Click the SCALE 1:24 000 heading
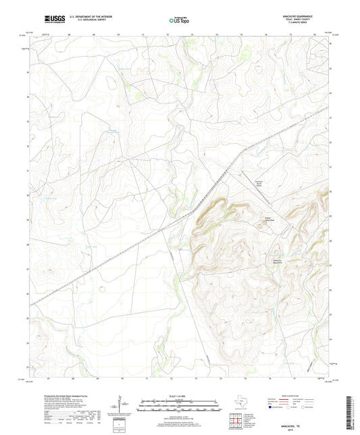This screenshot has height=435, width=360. tap(179, 396)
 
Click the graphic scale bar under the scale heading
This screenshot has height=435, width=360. tap(179, 407)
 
